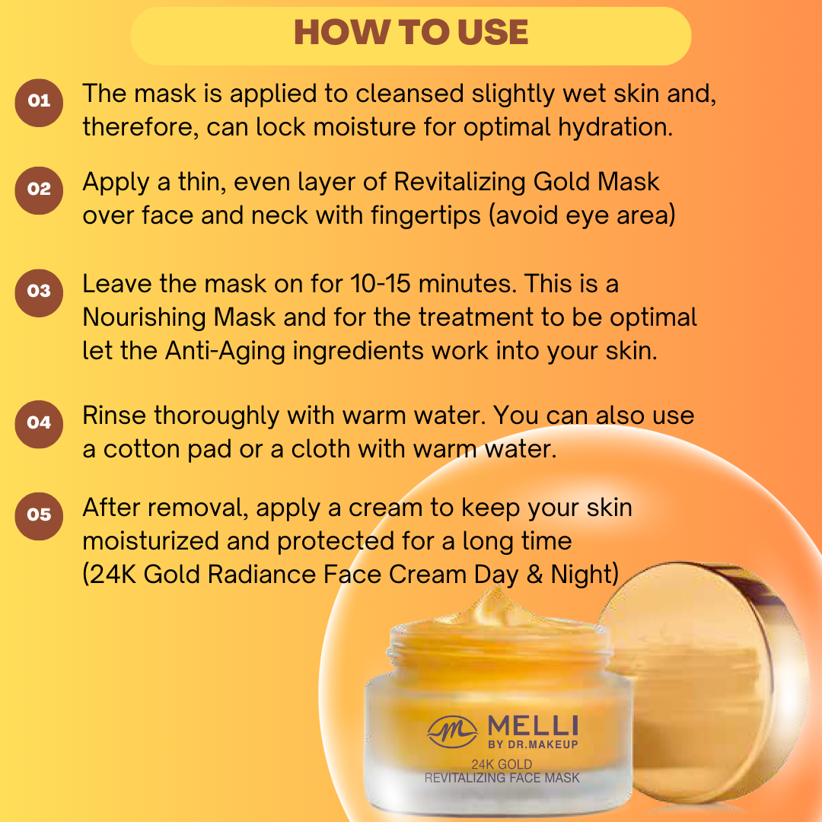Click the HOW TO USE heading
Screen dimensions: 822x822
[411, 33]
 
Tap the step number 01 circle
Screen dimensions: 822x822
[39, 103]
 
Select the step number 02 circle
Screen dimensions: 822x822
[39, 190]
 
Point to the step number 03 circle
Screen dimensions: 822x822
[39, 292]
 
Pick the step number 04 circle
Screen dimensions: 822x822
[39, 424]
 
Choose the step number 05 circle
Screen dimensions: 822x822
[39, 516]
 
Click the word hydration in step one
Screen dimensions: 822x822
[615, 127]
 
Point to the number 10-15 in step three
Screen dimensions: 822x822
[380, 284]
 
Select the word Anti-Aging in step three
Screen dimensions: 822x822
[225, 351]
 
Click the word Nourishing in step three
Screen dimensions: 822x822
[179, 317]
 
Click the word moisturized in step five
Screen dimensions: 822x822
[151, 542]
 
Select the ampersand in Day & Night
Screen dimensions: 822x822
[534, 575]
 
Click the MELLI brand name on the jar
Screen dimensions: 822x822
[533, 726]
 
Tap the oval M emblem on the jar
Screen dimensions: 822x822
[452, 732]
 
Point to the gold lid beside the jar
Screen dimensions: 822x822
[703, 681]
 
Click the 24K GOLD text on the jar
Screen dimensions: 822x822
[502, 764]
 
